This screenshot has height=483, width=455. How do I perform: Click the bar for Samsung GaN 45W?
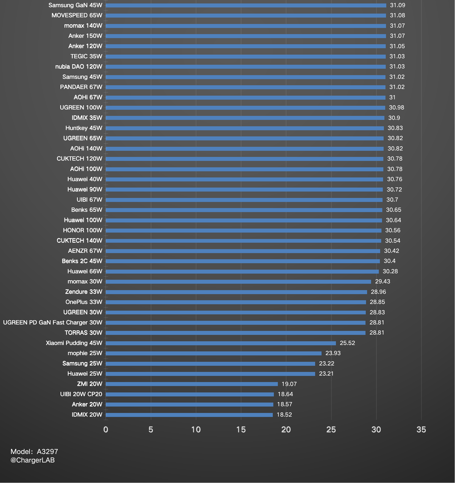tap(246, 5)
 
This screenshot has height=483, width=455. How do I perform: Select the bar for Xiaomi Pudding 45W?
tap(221, 343)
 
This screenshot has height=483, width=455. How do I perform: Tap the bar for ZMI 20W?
tap(192, 384)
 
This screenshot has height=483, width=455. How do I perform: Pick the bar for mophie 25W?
tap(213, 353)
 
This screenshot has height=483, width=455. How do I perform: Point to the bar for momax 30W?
tap(238, 282)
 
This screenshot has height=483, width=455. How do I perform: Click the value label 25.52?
tap(347, 343)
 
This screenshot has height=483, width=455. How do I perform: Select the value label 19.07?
tap(289, 384)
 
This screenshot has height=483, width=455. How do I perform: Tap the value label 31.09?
tap(397, 5)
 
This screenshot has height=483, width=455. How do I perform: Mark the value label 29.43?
tap(382, 282)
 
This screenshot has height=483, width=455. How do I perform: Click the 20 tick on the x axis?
tap(286, 429)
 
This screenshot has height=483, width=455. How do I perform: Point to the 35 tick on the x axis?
tap(421, 429)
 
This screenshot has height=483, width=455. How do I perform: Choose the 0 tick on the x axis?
tap(106, 429)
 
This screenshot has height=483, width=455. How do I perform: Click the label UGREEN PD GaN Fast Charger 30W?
tap(52, 323)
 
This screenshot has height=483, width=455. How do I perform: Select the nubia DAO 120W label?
tap(79, 67)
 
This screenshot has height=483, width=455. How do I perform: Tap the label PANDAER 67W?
tap(81, 87)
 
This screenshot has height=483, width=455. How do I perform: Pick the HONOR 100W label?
tap(83, 230)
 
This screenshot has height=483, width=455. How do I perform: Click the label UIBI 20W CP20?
tap(81, 394)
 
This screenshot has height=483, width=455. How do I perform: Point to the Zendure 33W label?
tap(84, 292)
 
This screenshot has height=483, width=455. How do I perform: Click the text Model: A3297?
tap(34, 452)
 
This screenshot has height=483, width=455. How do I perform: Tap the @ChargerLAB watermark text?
tap(32, 460)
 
